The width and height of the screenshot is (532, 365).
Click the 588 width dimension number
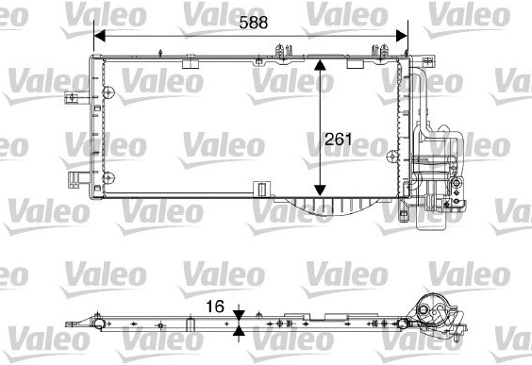(254, 23)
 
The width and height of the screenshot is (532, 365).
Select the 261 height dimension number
(339, 139)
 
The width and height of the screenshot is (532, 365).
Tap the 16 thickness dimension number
(215, 307)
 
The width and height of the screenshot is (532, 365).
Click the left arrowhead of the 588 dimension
(100, 36)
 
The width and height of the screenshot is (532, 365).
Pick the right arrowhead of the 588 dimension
(402, 36)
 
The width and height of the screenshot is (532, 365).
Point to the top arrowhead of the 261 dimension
(320, 65)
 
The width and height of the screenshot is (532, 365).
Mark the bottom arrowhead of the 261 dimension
(320, 191)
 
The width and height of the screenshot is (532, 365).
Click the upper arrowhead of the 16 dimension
(239, 315)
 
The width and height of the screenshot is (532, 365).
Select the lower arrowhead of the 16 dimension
(239, 330)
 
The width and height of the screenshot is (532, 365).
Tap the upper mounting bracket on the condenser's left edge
(72, 98)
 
